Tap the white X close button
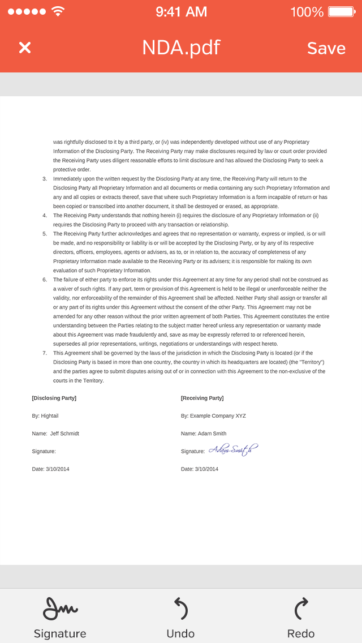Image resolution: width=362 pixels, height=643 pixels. coord(25,48)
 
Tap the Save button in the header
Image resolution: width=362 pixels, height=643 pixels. coord(326,48)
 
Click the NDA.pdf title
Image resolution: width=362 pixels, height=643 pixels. coord(181,48)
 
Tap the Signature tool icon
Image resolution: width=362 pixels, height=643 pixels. coord(60,609)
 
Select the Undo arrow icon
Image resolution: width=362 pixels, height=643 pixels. coord(180,609)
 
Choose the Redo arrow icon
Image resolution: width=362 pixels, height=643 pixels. coord(301,609)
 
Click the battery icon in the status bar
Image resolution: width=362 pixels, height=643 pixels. coord(341,11)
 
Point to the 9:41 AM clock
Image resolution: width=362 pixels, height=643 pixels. coord(181,11)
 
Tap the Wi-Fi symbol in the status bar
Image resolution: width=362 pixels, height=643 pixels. coord(58,11)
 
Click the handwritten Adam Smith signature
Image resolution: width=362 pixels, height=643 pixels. coord(233,450)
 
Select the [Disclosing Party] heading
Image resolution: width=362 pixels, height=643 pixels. coord(54,398)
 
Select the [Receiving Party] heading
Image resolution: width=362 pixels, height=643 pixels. coord(202,398)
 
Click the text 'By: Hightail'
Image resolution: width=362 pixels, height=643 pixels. coord(45,416)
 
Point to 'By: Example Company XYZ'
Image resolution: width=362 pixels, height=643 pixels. coord(213,416)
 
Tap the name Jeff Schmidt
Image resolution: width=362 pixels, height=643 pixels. coord(64,434)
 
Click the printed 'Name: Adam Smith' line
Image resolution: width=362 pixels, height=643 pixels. coord(204,434)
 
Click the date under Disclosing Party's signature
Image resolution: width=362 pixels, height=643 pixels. coord(51,469)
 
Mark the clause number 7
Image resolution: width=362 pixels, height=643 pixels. coord(45,353)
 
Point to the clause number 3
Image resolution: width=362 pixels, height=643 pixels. coord(45,179)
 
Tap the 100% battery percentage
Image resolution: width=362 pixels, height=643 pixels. coord(307,11)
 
